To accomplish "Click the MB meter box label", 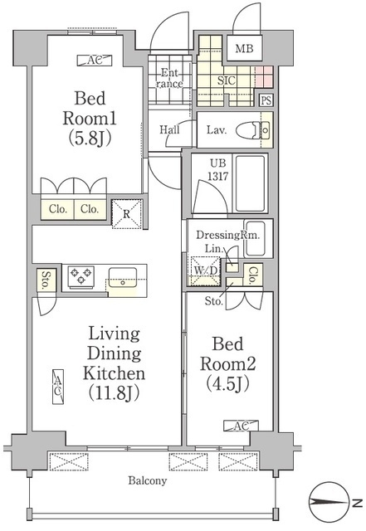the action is (x=244, y=48).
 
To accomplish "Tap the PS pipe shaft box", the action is (x=266, y=100).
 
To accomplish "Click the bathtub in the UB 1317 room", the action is (x=250, y=183).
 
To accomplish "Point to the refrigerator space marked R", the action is (x=127, y=214).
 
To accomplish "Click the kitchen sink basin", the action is (x=123, y=278).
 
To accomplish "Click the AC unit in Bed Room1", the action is (x=95, y=61).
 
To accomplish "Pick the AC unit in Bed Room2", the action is (x=241, y=426).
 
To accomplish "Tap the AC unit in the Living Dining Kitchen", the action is (x=58, y=387).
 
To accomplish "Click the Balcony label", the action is (x=148, y=480).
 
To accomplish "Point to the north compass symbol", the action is (x=329, y=502).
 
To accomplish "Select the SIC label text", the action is (x=227, y=80).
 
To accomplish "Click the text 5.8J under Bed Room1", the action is (x=90, y=139).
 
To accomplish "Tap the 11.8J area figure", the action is (x=115, y=393).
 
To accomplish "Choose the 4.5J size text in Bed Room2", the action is (x=227, y=383).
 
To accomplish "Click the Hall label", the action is (x=169, y=129).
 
